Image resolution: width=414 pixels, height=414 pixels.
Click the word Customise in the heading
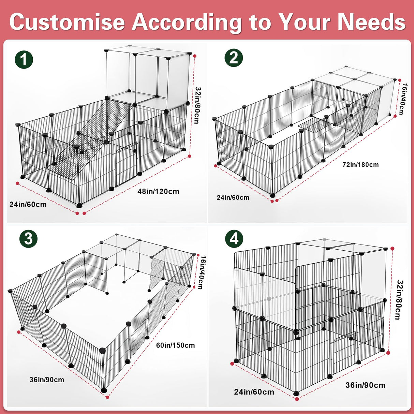tap(68, 21)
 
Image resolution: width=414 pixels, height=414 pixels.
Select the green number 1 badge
tap(24, 60)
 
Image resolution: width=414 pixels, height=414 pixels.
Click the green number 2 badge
tap(234, 58)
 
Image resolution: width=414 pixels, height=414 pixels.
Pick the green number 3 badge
tap(28, 238)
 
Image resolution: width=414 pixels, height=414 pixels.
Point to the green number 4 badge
tap(234, 239)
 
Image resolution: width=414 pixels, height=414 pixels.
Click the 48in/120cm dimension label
tap(158, 192)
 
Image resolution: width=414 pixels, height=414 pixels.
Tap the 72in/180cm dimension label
tap(360, 165)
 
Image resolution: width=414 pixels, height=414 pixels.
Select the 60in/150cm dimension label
tap(176, 345)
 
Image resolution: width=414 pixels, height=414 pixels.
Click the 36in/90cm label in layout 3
tap(47, 380)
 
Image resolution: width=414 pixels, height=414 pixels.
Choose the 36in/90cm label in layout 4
tap(366, 385)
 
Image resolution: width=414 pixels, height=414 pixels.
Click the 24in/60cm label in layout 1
tap(28, 205)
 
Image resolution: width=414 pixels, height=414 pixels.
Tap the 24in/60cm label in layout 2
tap(233, 197)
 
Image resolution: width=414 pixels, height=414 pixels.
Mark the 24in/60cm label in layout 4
tap(254, 392)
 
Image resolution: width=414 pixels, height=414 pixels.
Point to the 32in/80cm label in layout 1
tap(197, 105)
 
